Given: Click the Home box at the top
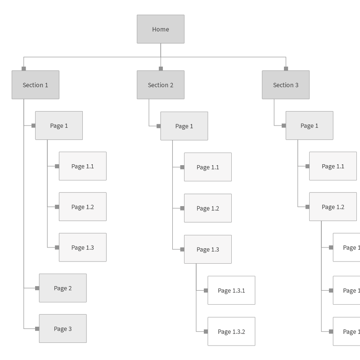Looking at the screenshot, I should (x=161, y=29).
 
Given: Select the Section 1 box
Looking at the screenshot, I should (x=36, y=85).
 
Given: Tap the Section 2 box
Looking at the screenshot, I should (x=161, y=85).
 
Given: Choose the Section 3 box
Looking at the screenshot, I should (x=286, y=85).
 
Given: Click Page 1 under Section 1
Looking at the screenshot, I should (x=59, y=126).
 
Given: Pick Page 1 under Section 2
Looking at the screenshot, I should (x=184, y=126).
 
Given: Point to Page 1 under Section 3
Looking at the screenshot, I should (x=309, y=126).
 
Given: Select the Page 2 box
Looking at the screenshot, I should (x=63, y=288).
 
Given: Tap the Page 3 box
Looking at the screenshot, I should (x=63, y=328).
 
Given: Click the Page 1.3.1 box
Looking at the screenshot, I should (x=231, y=290).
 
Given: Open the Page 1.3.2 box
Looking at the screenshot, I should (x=231, y=331).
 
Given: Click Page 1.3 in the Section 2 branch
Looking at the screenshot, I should (x=208, y=249).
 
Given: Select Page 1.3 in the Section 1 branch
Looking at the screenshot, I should (x=83, y=247).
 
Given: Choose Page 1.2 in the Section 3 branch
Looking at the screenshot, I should (x=333, y=207).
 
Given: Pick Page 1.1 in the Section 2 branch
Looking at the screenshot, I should (x=208, y=167).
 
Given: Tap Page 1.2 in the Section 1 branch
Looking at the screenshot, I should (x=83, y=207).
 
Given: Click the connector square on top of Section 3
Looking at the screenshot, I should (x=286, y=68).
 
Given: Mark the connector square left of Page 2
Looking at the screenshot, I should (x=37, y=288).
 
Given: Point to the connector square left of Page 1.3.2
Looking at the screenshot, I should (x=206, y=331).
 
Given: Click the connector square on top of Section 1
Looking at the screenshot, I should (x=24, y=68).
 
